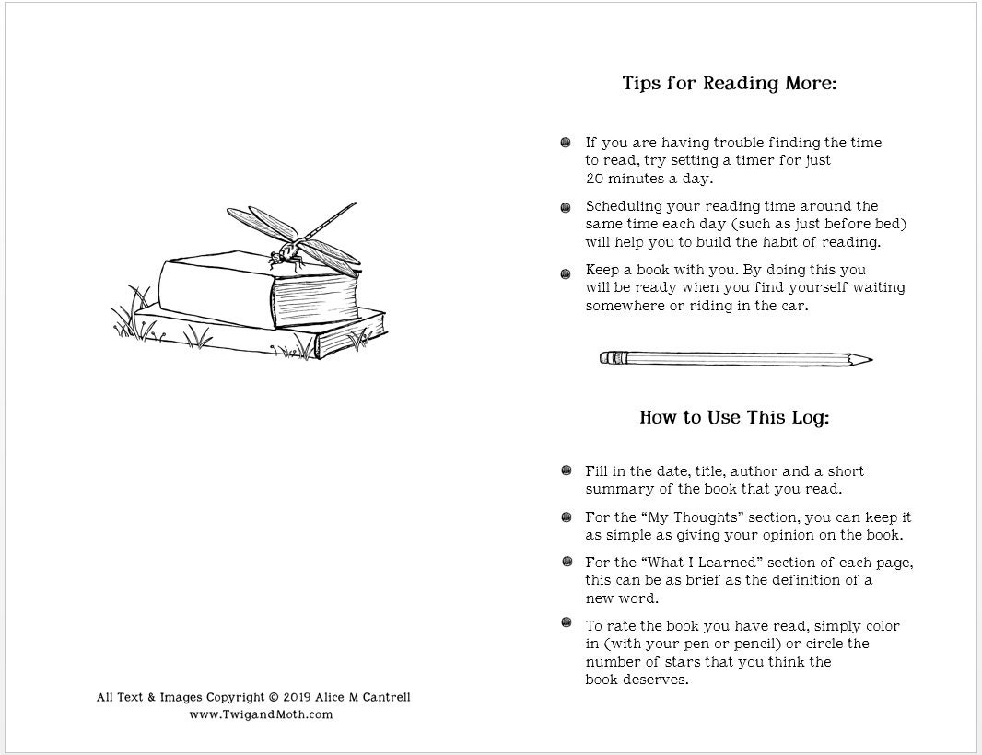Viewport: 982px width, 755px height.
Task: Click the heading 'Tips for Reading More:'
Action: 729,85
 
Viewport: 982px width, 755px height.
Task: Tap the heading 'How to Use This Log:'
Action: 734,418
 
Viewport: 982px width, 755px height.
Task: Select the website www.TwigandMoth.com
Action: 261,714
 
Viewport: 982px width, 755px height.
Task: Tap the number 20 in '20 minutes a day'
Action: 595,178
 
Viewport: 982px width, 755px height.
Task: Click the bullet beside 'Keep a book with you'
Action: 566,273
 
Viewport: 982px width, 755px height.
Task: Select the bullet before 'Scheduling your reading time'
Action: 566,208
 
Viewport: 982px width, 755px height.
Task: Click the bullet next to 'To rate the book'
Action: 566,624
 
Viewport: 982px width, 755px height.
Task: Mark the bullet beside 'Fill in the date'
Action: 566,471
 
